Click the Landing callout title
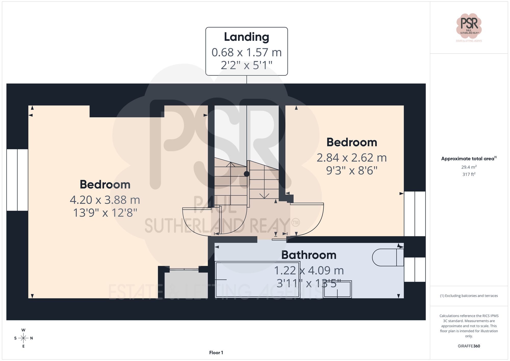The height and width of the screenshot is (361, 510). coord(246,37)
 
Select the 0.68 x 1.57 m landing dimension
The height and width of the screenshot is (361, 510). coord(246,53)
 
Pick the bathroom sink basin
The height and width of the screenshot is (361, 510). coord(337,289)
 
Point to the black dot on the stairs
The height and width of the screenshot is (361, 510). coord(246,174)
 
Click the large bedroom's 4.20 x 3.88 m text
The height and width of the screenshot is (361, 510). coord(105,200)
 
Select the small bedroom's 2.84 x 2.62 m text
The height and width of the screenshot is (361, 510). coord(351,158)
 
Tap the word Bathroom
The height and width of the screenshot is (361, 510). coord(309,255)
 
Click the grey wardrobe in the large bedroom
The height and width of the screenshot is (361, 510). coord(186,285)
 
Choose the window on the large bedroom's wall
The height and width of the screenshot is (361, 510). coord(17,180)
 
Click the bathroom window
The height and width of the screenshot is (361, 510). coord(415,269)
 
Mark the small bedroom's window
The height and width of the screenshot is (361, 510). coord(415,214)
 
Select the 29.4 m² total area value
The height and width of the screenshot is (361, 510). coord(469,167)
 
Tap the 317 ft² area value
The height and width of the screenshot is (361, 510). coord(469,175)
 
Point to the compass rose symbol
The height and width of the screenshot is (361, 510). coord(23,338)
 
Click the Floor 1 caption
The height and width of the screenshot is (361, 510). coord(216,353)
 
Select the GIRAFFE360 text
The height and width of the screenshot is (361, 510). coord(469,346)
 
